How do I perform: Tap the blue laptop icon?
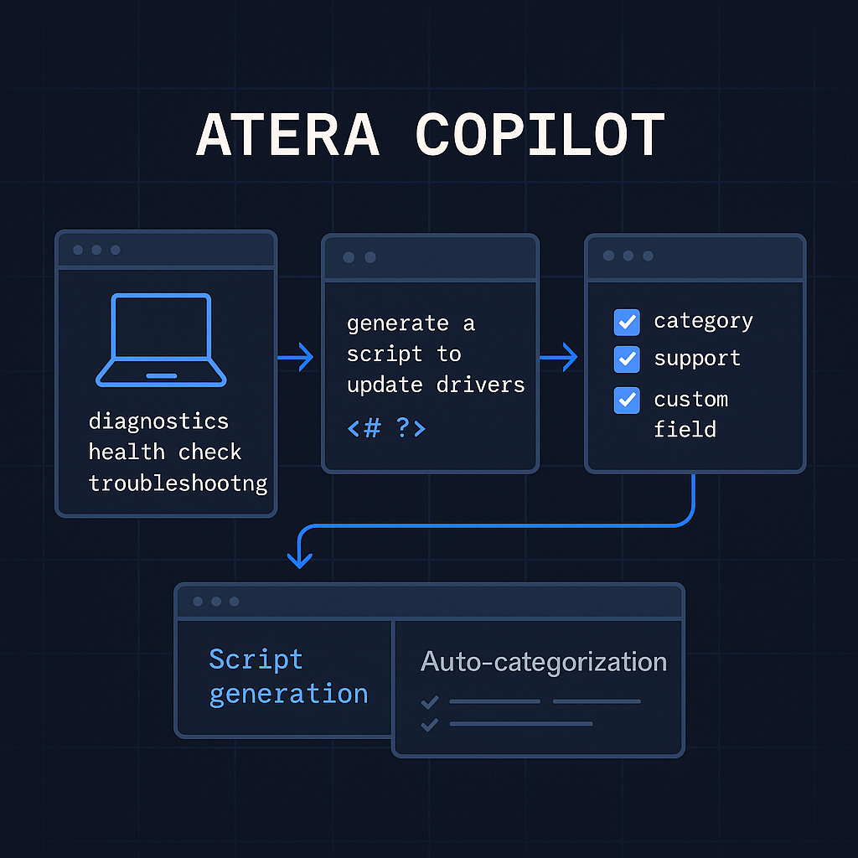[x=162, y=340]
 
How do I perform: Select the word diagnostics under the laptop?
[x=158, y=420]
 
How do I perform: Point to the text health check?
[x=165, y=452]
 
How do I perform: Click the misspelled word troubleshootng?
[x=178, y=483]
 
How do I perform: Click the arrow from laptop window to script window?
[x=297, y=359]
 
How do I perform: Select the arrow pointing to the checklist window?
[x=560, y=359]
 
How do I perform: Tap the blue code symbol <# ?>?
[x=386, y=428]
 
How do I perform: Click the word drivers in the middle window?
[x=481, y=385]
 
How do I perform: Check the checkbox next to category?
[x=627, y=321]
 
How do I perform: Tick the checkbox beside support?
[x=627, y=359]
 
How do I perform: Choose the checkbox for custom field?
[x=627, y=400]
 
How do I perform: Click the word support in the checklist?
[x=697, y=359]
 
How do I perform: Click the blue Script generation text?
[x=288, y=676]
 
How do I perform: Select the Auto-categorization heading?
[x=544, y=662]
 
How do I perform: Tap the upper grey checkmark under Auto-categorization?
[x=430, y=701]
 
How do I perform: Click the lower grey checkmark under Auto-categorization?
[x=430, y=724]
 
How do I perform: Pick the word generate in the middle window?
[x=398, y=323]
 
